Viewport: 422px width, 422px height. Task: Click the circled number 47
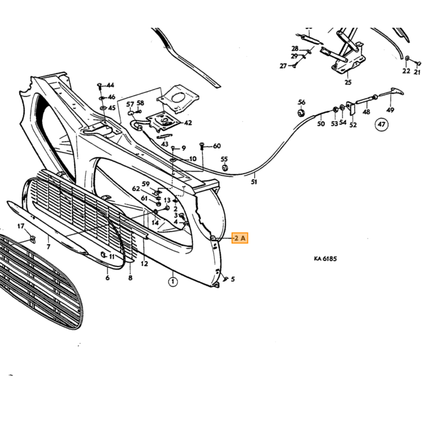click(382, 124)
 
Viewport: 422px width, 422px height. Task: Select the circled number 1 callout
click(173, 282)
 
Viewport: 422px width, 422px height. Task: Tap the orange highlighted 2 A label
click(240, 238)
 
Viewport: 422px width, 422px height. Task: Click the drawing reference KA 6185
click(325, 259)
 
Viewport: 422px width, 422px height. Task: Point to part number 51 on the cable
click(254, 182)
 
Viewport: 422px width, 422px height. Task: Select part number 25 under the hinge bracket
click(348, 83)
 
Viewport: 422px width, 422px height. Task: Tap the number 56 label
click(301, 102)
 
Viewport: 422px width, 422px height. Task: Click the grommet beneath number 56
click(301, 113)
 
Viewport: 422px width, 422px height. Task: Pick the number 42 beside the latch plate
click(188, 123)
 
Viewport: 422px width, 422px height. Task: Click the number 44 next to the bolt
click(110, 86)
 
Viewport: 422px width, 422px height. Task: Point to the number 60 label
click(217, 146)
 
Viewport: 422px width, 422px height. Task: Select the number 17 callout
click(20, 226)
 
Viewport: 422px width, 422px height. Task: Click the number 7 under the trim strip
click(48, 246)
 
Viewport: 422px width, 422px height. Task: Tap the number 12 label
click(144, 263)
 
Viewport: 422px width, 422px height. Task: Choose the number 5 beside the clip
click(233, 279)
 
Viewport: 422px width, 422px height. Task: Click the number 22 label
click(406, 71)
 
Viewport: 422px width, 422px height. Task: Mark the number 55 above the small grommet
click(224, 159)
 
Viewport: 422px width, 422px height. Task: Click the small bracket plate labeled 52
click(351, 108)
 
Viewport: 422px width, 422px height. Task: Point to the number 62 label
click(136, 189)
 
